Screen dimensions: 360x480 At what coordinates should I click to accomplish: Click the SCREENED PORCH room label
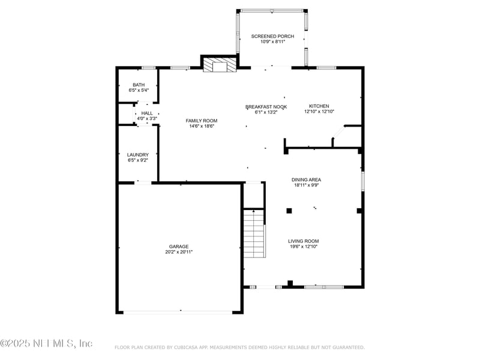tap(272, 37)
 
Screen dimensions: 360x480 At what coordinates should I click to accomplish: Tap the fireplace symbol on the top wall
tap(219, 65)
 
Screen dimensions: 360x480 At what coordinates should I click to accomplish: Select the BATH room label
tap(139, 85)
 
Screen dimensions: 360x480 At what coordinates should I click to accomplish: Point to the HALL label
tap(147, 113)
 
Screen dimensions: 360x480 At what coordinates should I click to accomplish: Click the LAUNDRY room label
tap(138, 155)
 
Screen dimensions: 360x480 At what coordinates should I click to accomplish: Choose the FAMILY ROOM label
tap(201, 121)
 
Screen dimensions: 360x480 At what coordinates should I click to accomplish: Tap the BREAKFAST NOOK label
tap(266, 107)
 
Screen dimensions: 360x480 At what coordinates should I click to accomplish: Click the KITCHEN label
tap(319, 106)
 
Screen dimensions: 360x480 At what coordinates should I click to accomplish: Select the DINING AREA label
tap(306, 179)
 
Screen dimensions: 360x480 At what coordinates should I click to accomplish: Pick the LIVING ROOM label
tap(303, 241)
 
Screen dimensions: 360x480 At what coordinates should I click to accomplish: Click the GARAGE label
tap(179, 246)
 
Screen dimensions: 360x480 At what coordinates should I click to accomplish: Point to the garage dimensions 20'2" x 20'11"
tap(179, 252)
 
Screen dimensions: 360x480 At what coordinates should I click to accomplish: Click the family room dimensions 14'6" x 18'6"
tap(201, 126)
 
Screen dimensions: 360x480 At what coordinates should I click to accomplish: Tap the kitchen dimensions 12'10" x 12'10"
tap(319, 112)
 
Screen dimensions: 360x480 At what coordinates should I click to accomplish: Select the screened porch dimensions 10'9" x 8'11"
tap(272, 42)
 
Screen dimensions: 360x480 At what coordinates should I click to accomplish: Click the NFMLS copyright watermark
tap(46, 343)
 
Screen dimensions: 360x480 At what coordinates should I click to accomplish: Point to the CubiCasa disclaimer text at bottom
tap(239, 347)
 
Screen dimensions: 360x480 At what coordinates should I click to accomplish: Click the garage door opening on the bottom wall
tap(179, 311)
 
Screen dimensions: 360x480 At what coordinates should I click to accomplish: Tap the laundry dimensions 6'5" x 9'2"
tap(138, 160)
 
